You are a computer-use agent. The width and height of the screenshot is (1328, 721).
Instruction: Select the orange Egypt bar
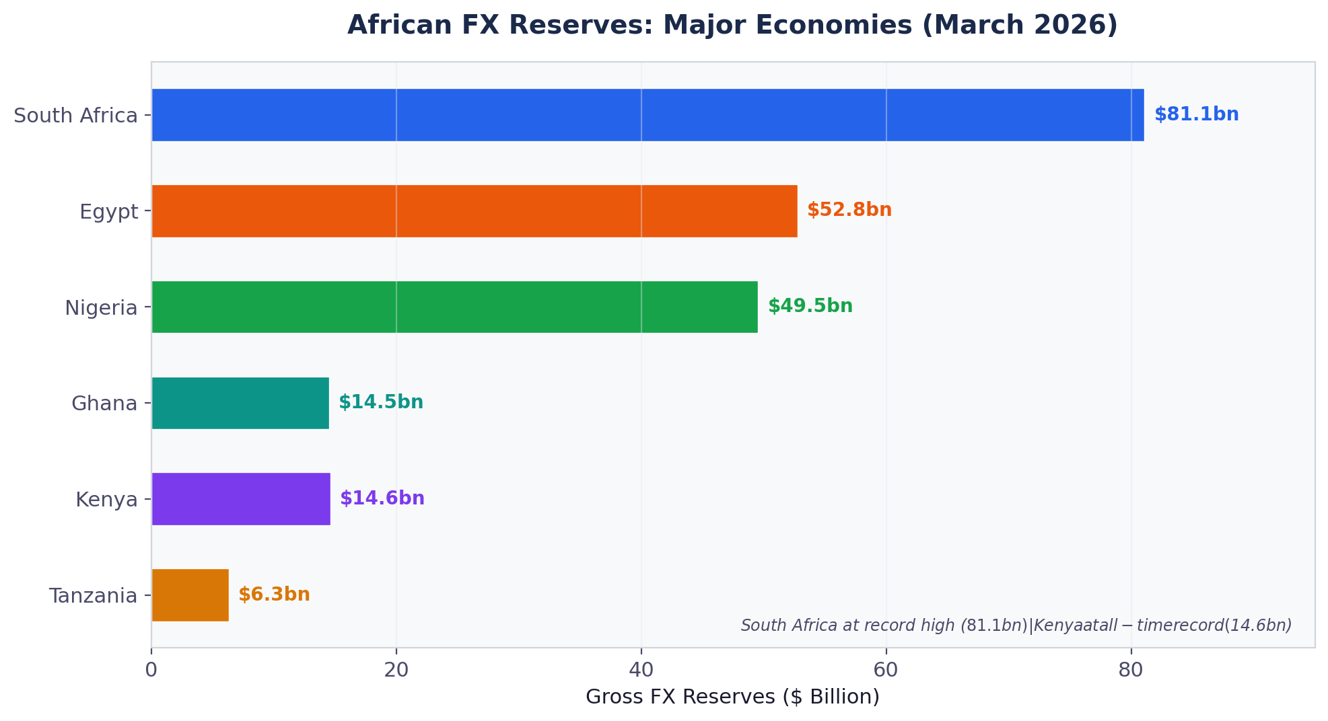(474, 211)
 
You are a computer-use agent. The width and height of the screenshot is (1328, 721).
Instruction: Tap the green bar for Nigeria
(454, 307)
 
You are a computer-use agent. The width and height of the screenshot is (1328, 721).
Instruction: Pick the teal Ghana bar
(240, 403)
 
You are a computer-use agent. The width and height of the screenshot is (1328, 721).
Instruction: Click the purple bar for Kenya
(241, 499)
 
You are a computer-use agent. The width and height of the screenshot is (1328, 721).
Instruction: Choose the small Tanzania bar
(190, 595)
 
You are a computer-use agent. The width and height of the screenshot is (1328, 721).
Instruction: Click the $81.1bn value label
(1196, 114)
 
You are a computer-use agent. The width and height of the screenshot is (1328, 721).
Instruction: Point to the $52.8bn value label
(849, 210)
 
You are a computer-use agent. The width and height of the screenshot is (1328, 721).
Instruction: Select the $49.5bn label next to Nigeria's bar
(810, 306)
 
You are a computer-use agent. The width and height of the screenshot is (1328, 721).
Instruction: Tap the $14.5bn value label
(380, 402)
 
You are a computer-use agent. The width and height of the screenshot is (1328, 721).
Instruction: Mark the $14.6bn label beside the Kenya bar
(382, 498)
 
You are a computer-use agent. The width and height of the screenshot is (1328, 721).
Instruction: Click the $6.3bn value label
(274, 595)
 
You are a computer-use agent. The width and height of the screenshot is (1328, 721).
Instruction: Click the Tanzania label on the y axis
(93, 596)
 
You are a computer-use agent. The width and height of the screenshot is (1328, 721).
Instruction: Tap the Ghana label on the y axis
(104, 404)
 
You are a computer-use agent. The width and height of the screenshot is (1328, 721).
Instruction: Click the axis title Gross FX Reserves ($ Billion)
(732, 697)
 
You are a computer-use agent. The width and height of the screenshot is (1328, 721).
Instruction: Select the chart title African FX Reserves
(732, 26)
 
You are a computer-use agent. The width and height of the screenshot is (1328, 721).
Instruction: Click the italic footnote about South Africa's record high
(1016, 625)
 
